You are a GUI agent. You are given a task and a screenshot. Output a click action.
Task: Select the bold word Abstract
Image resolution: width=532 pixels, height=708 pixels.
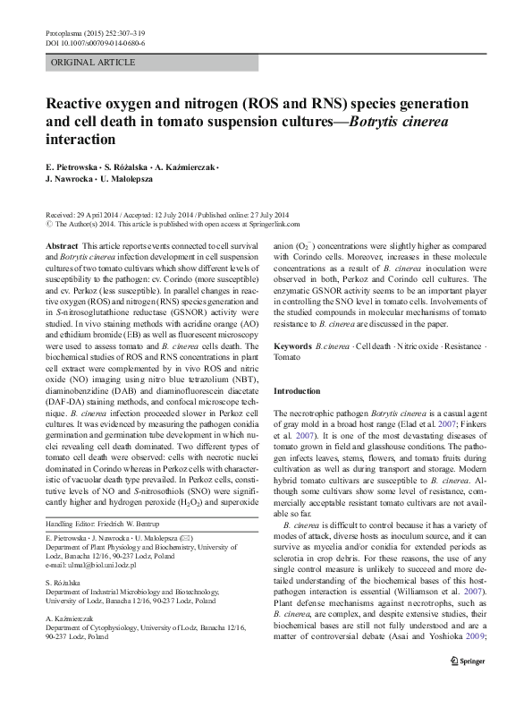61,245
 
